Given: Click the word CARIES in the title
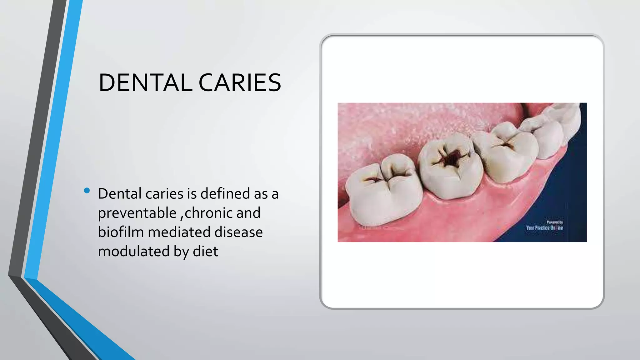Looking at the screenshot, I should (240, 83).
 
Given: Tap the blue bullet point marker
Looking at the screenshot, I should (87, 190).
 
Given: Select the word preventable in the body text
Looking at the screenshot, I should (137, 213).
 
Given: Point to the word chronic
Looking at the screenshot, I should (208, 213).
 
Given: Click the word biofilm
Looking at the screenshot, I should (121, 232).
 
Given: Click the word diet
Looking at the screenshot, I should (205, 251).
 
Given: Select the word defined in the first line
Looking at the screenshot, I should (225, 194).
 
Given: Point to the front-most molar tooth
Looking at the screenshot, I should (380, 191).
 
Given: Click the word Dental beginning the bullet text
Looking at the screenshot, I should (120, 194).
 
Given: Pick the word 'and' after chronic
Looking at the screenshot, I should (248, 213).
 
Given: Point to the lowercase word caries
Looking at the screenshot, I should (164, 194).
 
